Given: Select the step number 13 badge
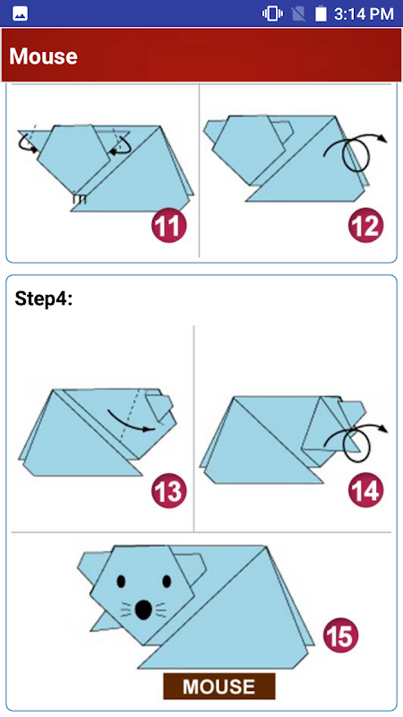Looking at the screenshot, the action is (169, 490).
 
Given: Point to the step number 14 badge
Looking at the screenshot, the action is (366, 490).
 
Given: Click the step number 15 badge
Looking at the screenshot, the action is (341, 635).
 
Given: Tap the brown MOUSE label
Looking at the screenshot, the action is (219, 686).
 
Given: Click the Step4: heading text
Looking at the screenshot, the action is (43, 298).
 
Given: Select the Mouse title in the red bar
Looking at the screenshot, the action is (43, 56).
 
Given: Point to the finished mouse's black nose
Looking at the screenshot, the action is (144, 609).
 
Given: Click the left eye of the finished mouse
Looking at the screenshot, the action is (121, 581).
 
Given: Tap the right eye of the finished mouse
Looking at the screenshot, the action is (167, 581).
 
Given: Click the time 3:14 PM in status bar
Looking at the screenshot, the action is (364, 13).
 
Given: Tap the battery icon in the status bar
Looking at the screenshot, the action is (321, 13).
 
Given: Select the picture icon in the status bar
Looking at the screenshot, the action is (20, 13).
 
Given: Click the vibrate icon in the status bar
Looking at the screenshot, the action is (272, 13).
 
